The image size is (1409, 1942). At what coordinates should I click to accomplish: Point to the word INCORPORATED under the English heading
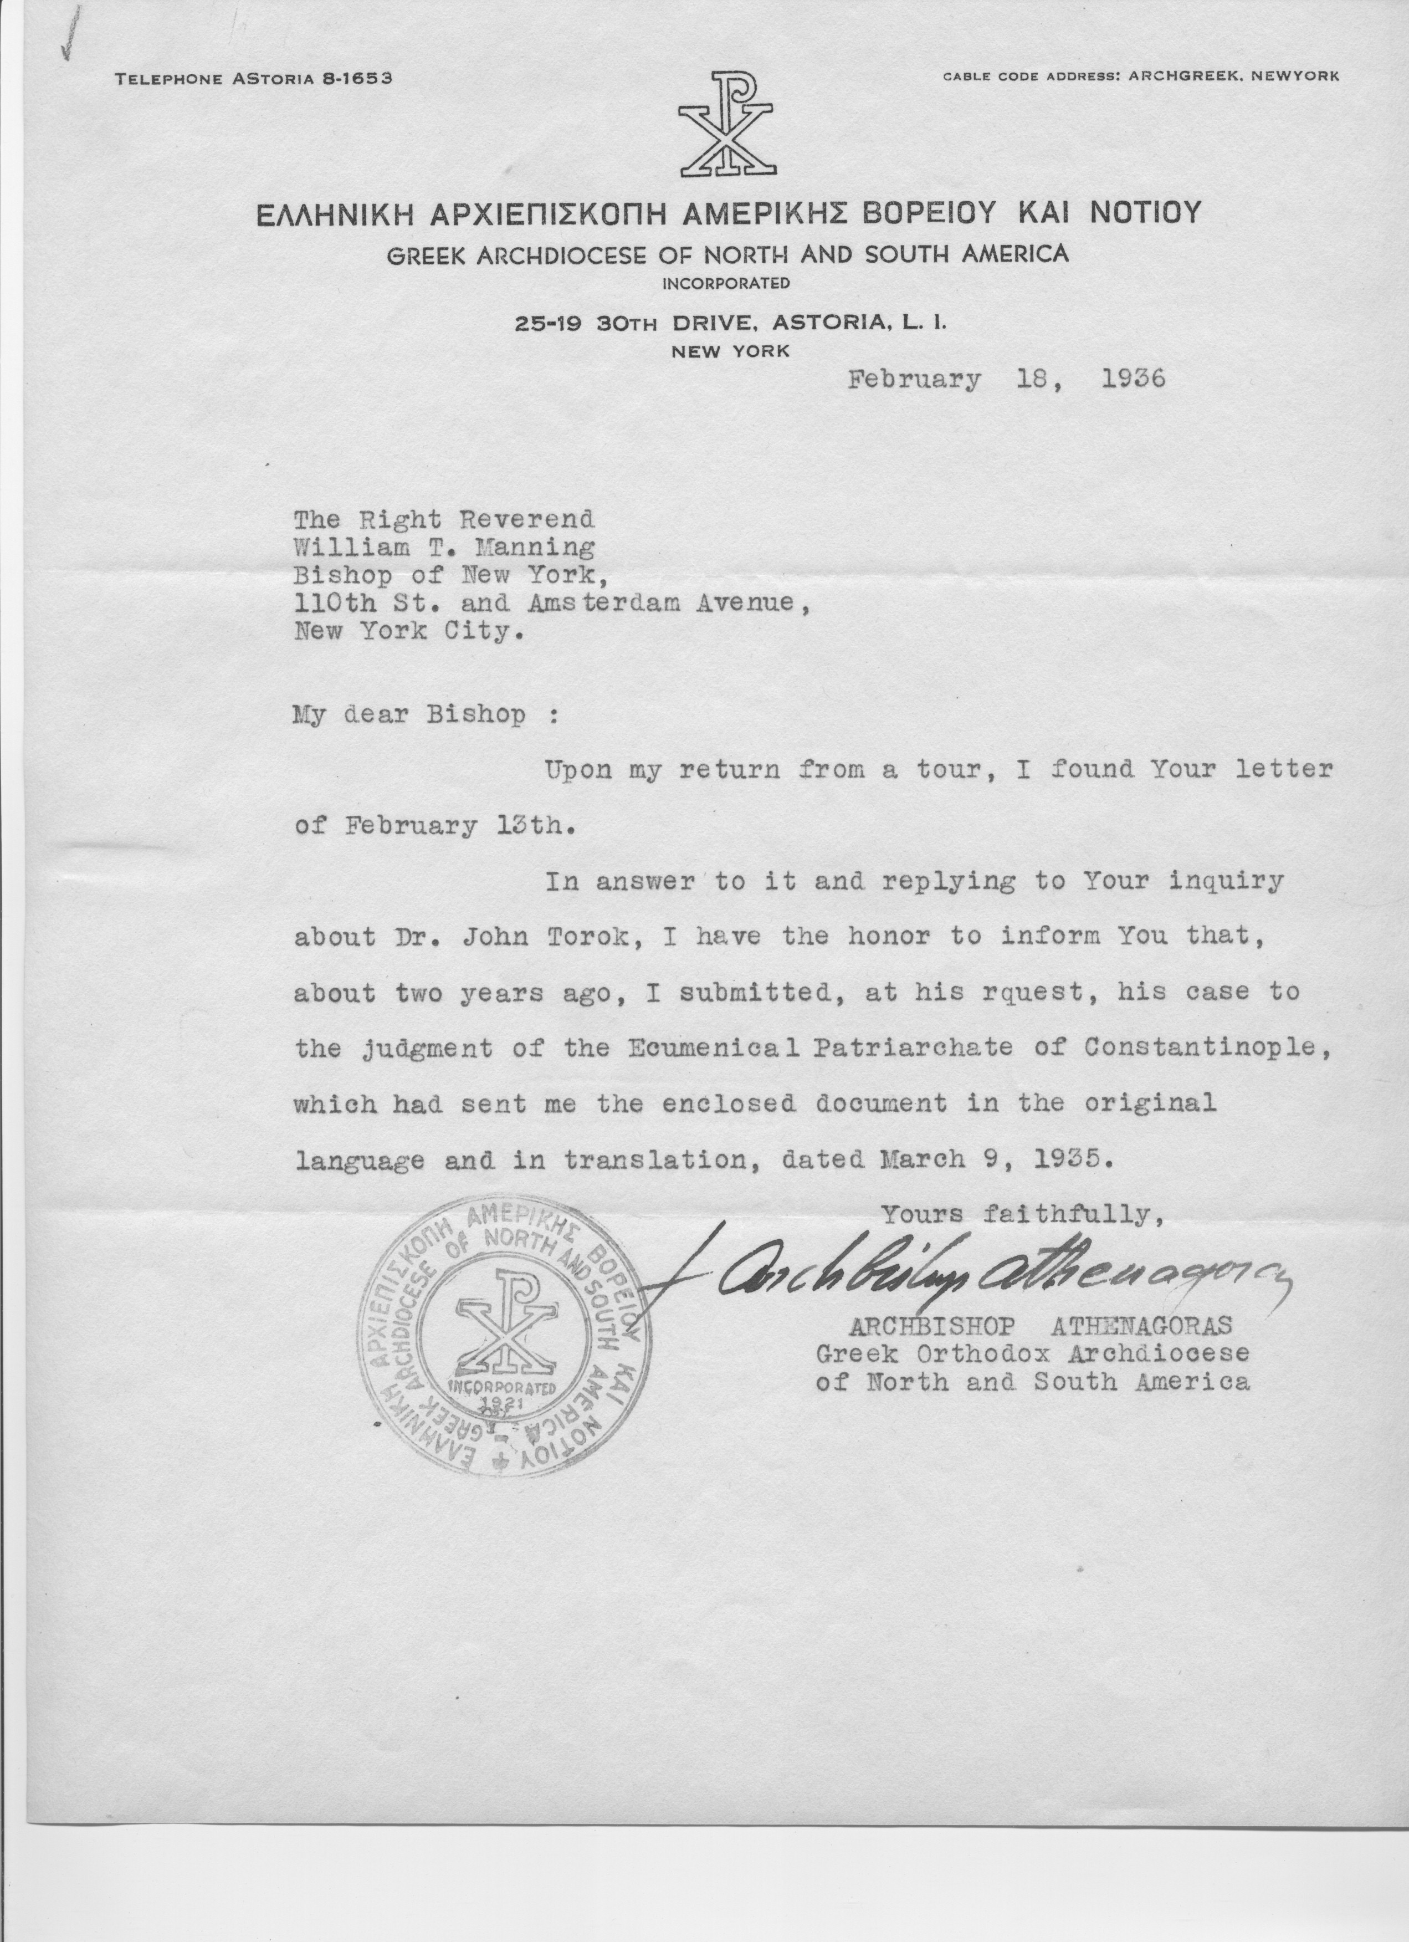point(727,282)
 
